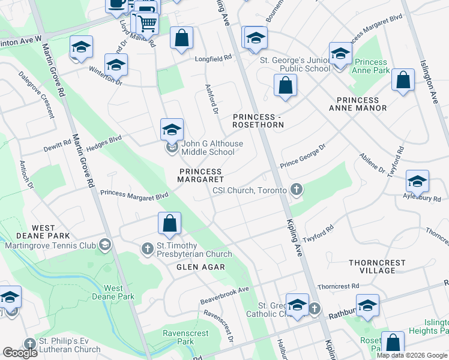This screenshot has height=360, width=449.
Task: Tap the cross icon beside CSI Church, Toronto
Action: pyautogui.click(x=295, y=190)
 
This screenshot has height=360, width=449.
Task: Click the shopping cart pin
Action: pyautogui.click(x=146, y=24)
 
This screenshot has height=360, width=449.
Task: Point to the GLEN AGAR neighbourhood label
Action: pyautogui.click(x=200, y=267)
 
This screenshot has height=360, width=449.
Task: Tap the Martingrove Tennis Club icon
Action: pyautogui.click(x=106, y=244)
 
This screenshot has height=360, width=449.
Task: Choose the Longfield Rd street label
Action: pyautogui.click(x=212, y=59)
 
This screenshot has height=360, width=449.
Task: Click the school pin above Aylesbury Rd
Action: pyautogui.click(x=417, y=181)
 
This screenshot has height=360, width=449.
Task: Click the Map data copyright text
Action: pyautogui.click(x=412, y=355)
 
